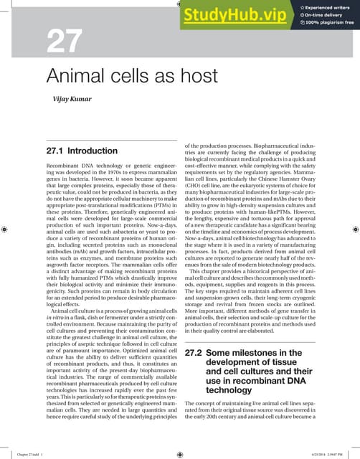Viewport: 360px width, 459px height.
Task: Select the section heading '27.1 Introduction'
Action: (x=81, y=152)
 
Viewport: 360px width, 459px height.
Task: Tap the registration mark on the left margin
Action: (x=6, y=229)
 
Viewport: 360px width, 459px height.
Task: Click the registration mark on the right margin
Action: (x=354, y=229)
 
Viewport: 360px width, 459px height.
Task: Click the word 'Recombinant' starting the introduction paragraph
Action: (x=63, y=166)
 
